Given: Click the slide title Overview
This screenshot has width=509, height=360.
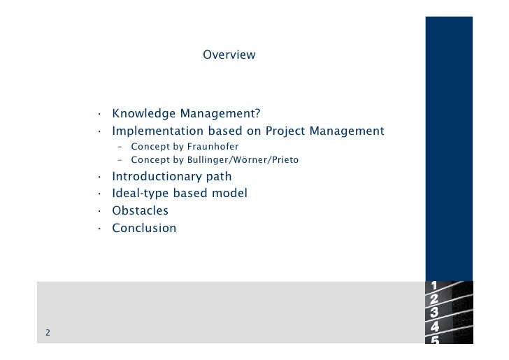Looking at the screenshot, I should coord(229,55).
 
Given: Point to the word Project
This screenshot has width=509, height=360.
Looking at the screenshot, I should coord(287,131).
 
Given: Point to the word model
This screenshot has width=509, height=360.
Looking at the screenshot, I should coord(230,193).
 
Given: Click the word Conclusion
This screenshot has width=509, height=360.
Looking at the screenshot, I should coord(145,228).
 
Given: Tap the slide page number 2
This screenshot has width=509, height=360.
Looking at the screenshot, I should coord(48,333).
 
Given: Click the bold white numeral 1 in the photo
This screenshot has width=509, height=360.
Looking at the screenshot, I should coord(434,285).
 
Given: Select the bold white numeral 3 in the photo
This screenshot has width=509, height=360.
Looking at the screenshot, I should coord(435,312).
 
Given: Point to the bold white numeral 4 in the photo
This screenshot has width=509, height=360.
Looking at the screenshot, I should coord(436,326).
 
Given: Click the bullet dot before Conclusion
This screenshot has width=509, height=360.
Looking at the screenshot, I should coord(101,229).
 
